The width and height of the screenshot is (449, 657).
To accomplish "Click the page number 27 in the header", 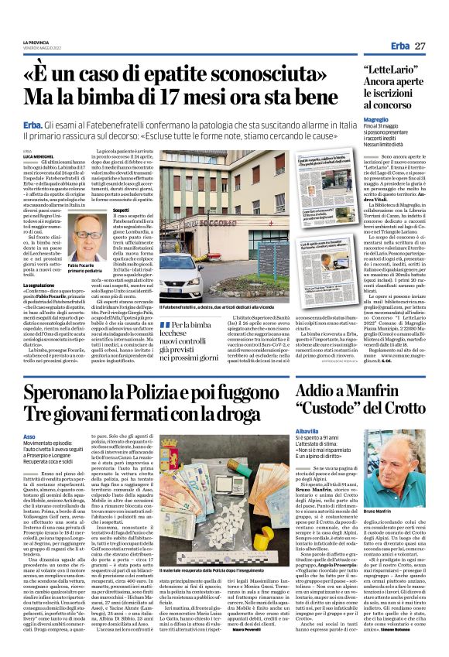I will pyautogui.click(x=420, y=46).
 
